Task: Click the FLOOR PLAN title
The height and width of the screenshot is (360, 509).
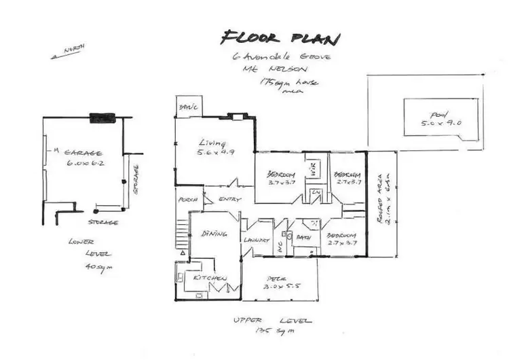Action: [280, 38]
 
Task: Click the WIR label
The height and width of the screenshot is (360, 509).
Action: [314, 166]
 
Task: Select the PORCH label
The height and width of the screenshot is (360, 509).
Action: [187, 199]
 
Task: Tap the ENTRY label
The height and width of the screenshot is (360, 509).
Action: [226, 199]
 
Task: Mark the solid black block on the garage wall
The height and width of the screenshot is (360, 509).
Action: [105, 118]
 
